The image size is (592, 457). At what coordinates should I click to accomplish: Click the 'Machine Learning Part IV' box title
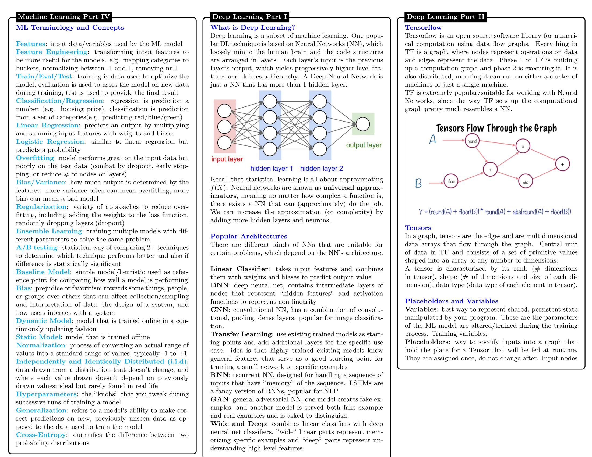pos(64,17)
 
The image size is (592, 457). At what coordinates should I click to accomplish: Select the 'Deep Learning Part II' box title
pos(445,17)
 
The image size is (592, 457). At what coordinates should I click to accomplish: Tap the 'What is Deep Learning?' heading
pos(252,27)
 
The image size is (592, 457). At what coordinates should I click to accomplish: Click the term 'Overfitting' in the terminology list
pos(35,158)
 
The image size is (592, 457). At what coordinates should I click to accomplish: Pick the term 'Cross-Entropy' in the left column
pos(41,435)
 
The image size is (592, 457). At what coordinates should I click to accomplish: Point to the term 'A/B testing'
pos(37,247)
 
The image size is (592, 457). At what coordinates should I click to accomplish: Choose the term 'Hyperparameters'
pos(46,394)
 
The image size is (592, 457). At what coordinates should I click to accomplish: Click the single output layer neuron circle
pos(363,124)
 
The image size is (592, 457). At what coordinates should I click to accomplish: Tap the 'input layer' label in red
pos(227,159)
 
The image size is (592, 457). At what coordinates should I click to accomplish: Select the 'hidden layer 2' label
pos(322,168)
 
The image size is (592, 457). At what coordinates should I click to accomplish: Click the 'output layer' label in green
pos(364,145)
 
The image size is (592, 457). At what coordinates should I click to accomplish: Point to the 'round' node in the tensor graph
pos(472,141)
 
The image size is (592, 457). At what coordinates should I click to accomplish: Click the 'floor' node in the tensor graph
pos(451,181)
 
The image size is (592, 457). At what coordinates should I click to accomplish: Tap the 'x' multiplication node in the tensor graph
pos(523,146)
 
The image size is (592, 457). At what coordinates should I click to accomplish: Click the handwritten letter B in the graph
pos(418,183)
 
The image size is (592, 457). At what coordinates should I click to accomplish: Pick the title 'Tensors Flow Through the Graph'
pos(496,128)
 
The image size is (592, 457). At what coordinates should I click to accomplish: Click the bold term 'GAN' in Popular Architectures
pos(220,399)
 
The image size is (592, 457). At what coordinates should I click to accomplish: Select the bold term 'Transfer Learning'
pos(241,334)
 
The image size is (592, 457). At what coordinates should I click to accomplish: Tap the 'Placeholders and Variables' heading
pos(451,301)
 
